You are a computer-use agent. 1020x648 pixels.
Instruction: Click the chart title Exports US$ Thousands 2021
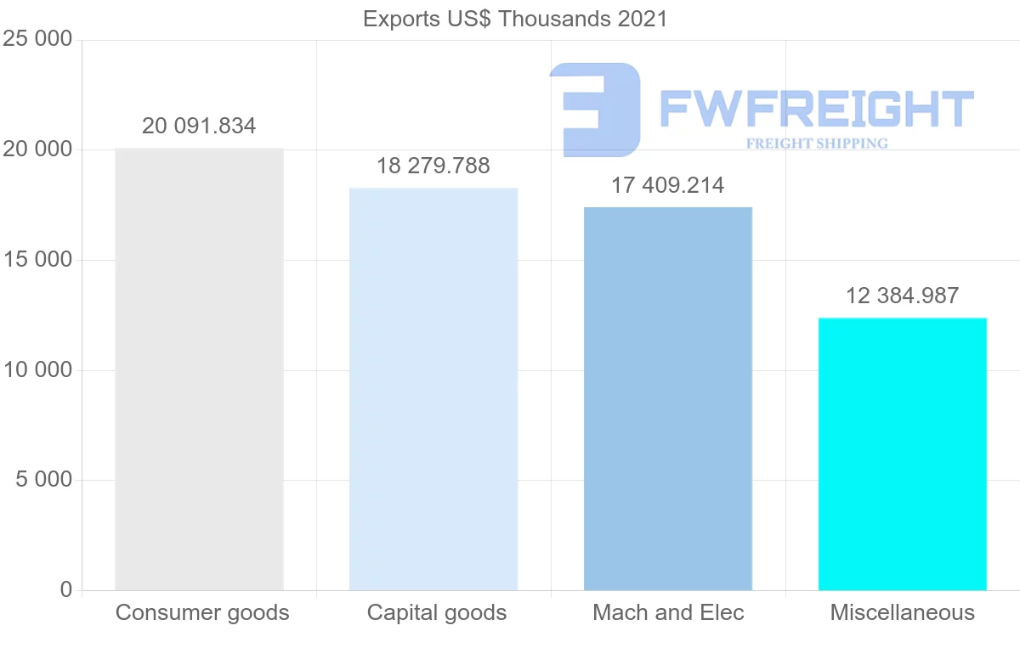click(515, 19)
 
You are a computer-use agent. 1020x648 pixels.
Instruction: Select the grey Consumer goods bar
click(199, 369)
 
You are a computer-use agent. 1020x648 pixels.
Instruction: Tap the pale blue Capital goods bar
click(433, 389)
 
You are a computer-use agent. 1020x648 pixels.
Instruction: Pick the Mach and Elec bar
click(668, 398)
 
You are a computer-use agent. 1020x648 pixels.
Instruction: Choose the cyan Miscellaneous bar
click(902, 454)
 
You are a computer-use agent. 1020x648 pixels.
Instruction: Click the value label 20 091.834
click(199, 127)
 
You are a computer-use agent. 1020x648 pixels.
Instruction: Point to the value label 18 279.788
click(433, 166)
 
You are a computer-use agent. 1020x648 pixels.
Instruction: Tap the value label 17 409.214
click(668, 185)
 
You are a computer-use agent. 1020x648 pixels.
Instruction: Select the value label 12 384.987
click(902, 296)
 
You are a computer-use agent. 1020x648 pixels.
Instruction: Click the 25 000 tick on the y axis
click(37, 39)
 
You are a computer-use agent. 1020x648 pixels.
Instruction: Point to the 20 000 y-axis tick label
click(37, 149)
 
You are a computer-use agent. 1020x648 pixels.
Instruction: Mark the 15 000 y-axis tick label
click(37, 260)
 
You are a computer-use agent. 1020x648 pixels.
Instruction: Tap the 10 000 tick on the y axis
click(37, 370)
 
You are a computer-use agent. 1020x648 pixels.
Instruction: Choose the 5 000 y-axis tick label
click(43, 480)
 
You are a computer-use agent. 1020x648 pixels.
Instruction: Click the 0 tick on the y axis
click(66, 589)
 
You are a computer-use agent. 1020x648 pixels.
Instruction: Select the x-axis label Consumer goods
click(202, 612)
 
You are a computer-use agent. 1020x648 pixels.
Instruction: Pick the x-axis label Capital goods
click(437, 612)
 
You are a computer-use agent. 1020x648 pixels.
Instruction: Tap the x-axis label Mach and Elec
click(668, 612)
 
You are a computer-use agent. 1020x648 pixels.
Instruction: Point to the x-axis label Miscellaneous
click(902, 612)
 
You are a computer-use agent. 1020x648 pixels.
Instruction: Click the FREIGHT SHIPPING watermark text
click(817, 144)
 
